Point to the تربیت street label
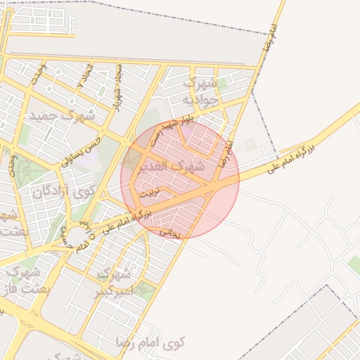click(149, 191)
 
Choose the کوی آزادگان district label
click(63, 191)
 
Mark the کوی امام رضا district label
click(150, 344)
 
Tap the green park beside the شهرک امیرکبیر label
click(143, 289)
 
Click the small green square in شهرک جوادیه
click(222, 86)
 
